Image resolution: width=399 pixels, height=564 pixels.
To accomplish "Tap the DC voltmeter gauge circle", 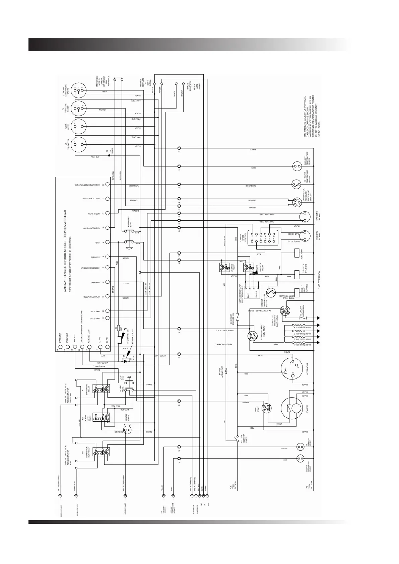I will tap(79, 145).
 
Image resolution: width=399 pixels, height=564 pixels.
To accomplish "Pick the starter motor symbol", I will tap(291, 408).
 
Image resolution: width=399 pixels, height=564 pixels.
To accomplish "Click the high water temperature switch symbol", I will tap(295, 184).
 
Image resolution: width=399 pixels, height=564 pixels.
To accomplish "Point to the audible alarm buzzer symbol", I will tap(127, 429).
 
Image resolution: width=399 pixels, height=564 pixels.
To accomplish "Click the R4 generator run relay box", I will tap(101, 452).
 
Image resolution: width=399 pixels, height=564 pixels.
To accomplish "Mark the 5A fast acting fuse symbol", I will tap(226, 371).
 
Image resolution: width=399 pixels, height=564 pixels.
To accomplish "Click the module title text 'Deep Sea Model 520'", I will tap(65, 251).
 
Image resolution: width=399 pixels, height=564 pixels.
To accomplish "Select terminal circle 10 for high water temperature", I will tap(108, 185).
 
